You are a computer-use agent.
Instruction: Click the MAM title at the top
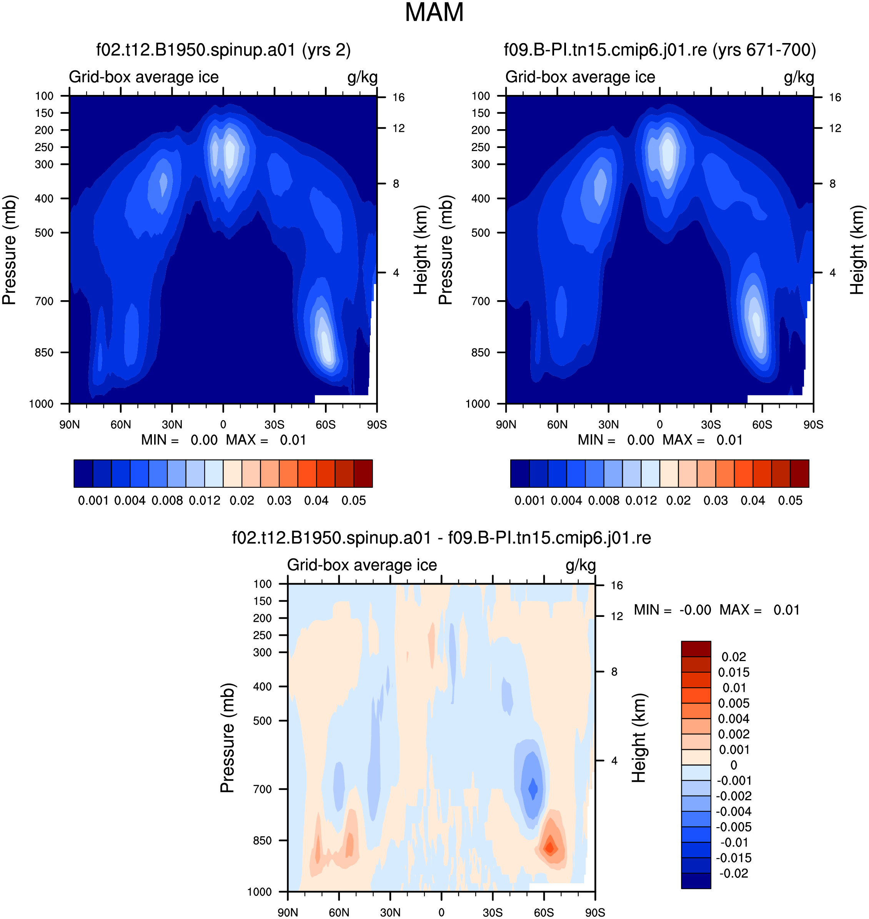pyautogui.click(x=434, y=13)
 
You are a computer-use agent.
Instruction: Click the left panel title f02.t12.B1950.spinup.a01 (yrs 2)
pyautogui.click(x=223, y=50)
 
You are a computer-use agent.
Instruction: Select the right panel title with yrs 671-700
pyautogui.click(x=659, y=50)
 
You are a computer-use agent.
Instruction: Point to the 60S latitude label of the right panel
pyautogui.click(x=762, y=425)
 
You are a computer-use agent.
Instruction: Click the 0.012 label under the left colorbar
pyautogui.click(x=204, y=500)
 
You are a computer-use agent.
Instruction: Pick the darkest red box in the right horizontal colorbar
pyautogui.click(x=799, y=474)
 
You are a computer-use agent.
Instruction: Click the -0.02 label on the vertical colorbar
pyautogui.click(x=734, y=873)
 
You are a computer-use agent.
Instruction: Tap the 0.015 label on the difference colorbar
pyautogui.click(x=734, y=672)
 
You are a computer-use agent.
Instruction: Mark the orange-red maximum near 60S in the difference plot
pyautogui.click(x=550, y=847)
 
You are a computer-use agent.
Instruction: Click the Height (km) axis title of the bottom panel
pyautogui.click(x=639, y=738)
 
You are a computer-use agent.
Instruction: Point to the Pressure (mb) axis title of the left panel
pyautogui.click(x=9, y=250)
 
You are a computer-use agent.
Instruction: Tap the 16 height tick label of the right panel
pyautogui.click(x=835, y=97)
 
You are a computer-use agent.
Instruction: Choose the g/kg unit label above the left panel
pyautogui.click(x=362, y=77)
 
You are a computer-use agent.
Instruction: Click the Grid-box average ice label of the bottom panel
pyautogui.click(x=362, y=565)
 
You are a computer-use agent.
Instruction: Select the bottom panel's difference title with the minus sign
pyautogui.click(x=441, y=538)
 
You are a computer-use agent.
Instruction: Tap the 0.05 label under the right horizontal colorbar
pyautogui.click(x=790, y=500)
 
